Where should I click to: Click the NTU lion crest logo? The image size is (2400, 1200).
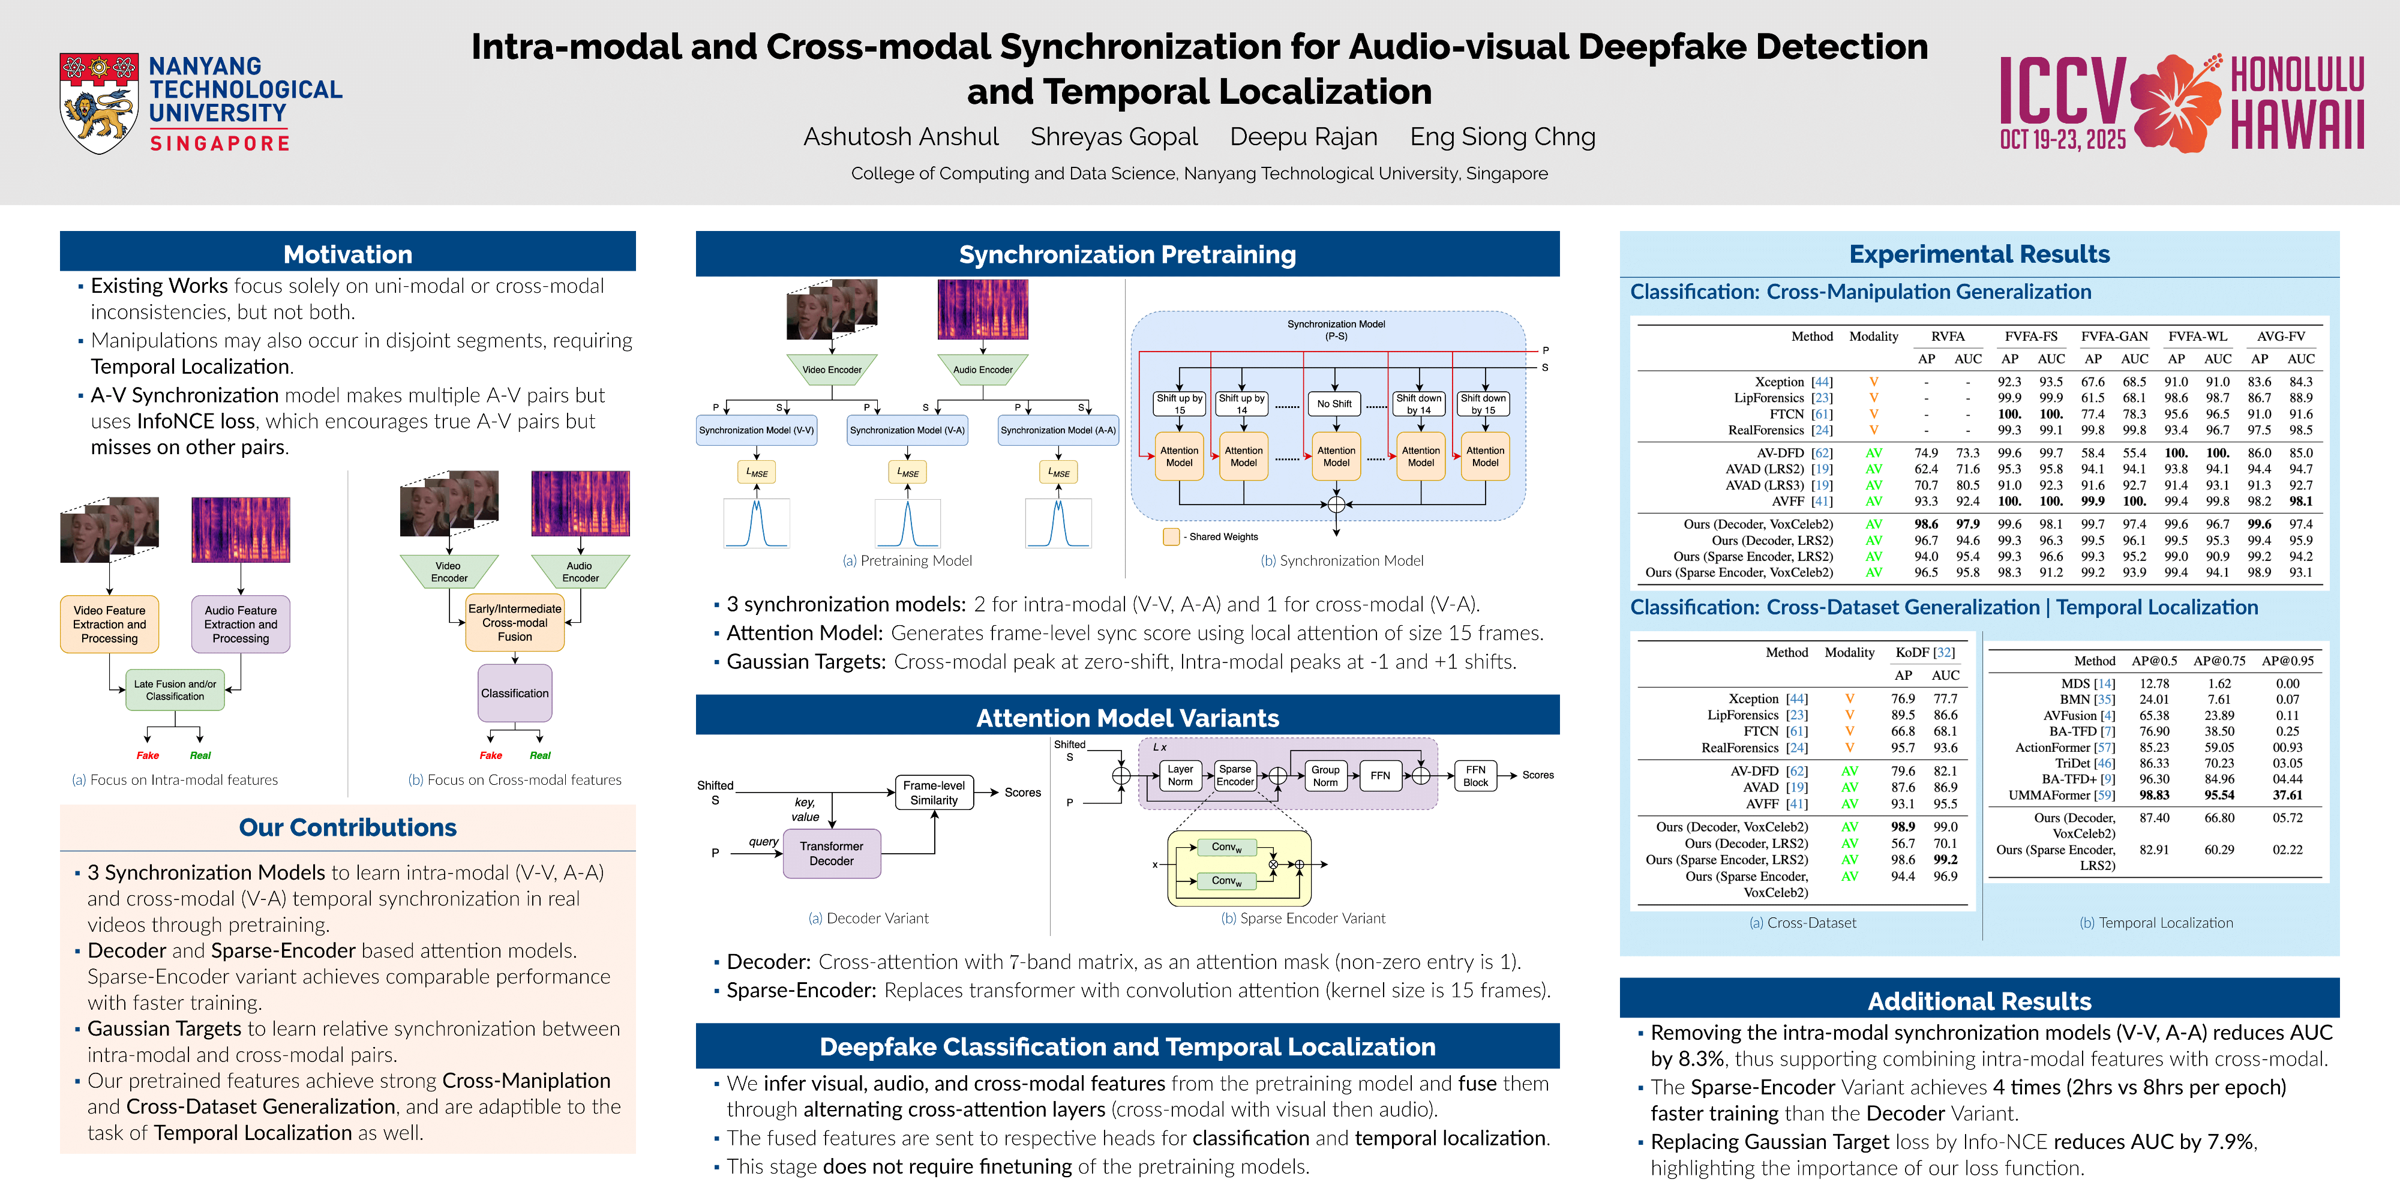point(99,103)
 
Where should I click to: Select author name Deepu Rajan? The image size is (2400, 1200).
point(1303,137)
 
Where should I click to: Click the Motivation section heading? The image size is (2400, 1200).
point(347,254)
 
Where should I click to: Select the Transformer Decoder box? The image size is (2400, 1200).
point(831,853)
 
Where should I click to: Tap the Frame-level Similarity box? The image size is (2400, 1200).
point(934,793)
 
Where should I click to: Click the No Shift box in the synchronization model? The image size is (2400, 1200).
point(1334,403)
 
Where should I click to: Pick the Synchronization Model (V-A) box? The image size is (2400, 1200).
point(907,430)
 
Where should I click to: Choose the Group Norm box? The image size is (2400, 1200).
point(1325,776)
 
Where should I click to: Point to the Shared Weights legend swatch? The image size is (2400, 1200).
point(1171,536)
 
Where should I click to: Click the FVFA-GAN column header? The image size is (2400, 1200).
point(2114,337)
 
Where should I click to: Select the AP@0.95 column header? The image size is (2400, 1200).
point(2287,661)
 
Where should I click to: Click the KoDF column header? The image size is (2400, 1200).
point(1925,652)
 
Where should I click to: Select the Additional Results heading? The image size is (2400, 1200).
point(1979,1001)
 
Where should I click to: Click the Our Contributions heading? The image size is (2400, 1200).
point(347,827)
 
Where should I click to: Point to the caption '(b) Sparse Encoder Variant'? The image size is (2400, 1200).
point(1303,919)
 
